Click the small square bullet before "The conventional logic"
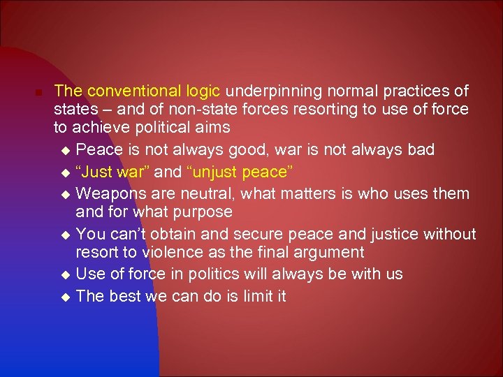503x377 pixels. click(x=41, y=93)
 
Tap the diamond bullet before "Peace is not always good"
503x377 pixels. click(x=66, y=150)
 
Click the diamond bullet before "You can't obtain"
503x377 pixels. click(x=66, y=234)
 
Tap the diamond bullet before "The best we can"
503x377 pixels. click(x=66, y=297)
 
